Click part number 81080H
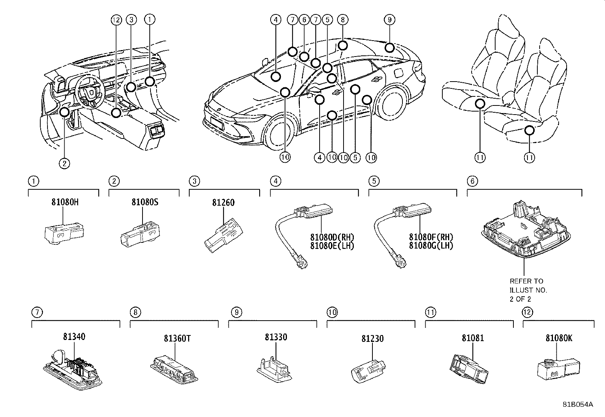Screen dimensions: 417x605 [65, 202]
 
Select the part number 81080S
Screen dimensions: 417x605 [145, 202]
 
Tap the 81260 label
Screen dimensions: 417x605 [223, 202]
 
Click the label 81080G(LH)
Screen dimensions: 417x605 [431, 246]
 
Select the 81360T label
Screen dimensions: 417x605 [177, 338]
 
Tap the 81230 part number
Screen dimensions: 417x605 [372, 338]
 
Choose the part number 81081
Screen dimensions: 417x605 [473, 338]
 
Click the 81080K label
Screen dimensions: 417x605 [559, 338]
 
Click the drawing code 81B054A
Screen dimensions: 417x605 [578, 404]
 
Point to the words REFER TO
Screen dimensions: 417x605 [526, 281]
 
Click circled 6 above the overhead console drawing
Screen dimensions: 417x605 [472, 181]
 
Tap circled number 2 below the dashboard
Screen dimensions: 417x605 [64, 164]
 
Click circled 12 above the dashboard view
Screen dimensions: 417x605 [116, 19]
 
